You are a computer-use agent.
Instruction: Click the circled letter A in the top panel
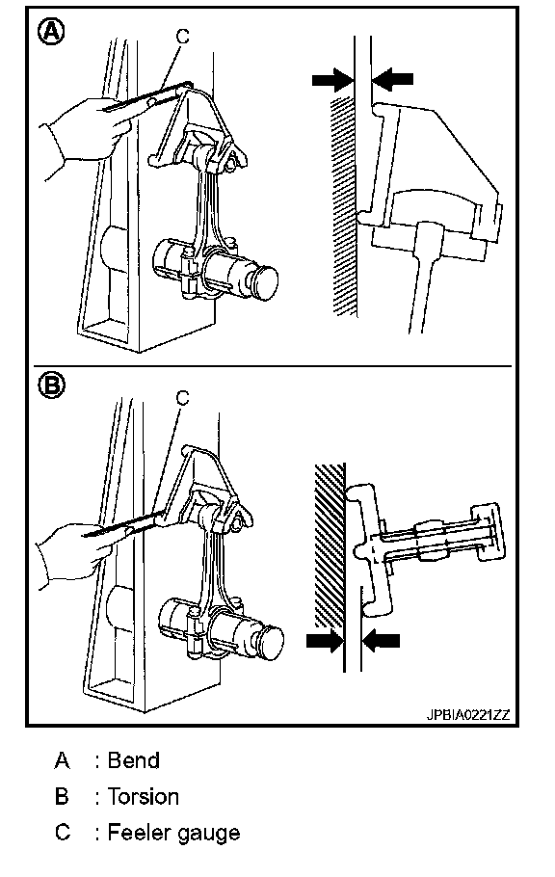pyautogui.click(x=51, y=32)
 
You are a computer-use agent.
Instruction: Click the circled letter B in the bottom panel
pyautogui.click(x=51, y=385)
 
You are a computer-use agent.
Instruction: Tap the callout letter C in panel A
pyautogui.click(x=182, y=37)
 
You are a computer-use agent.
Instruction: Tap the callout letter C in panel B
pyautogui.click(x=182, y=398)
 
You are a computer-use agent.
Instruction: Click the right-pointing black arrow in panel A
pyautogui.click(x=332, y=79)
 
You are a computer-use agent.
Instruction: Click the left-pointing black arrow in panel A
pyautogui.click(x=393, y=79)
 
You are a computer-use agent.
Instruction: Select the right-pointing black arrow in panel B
pyautogui.click(x=325, y=641)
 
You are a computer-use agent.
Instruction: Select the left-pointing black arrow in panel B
pyautogui.click(x=382, y=641)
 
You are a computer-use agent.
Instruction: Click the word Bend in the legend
pyautogui.click(x=134, y=760)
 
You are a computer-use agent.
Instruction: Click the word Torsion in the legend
pyautogui.click(x=144, y=796)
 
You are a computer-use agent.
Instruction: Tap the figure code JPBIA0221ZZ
pyautogui.click(x=468, y=715)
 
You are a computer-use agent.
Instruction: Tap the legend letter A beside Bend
pyautogui.click(x=62, y=760)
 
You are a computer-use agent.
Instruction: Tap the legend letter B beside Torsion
pyautogui.click(x=62, y=796)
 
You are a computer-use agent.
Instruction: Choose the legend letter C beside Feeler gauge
pyautogui.click(x=63, y=833)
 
